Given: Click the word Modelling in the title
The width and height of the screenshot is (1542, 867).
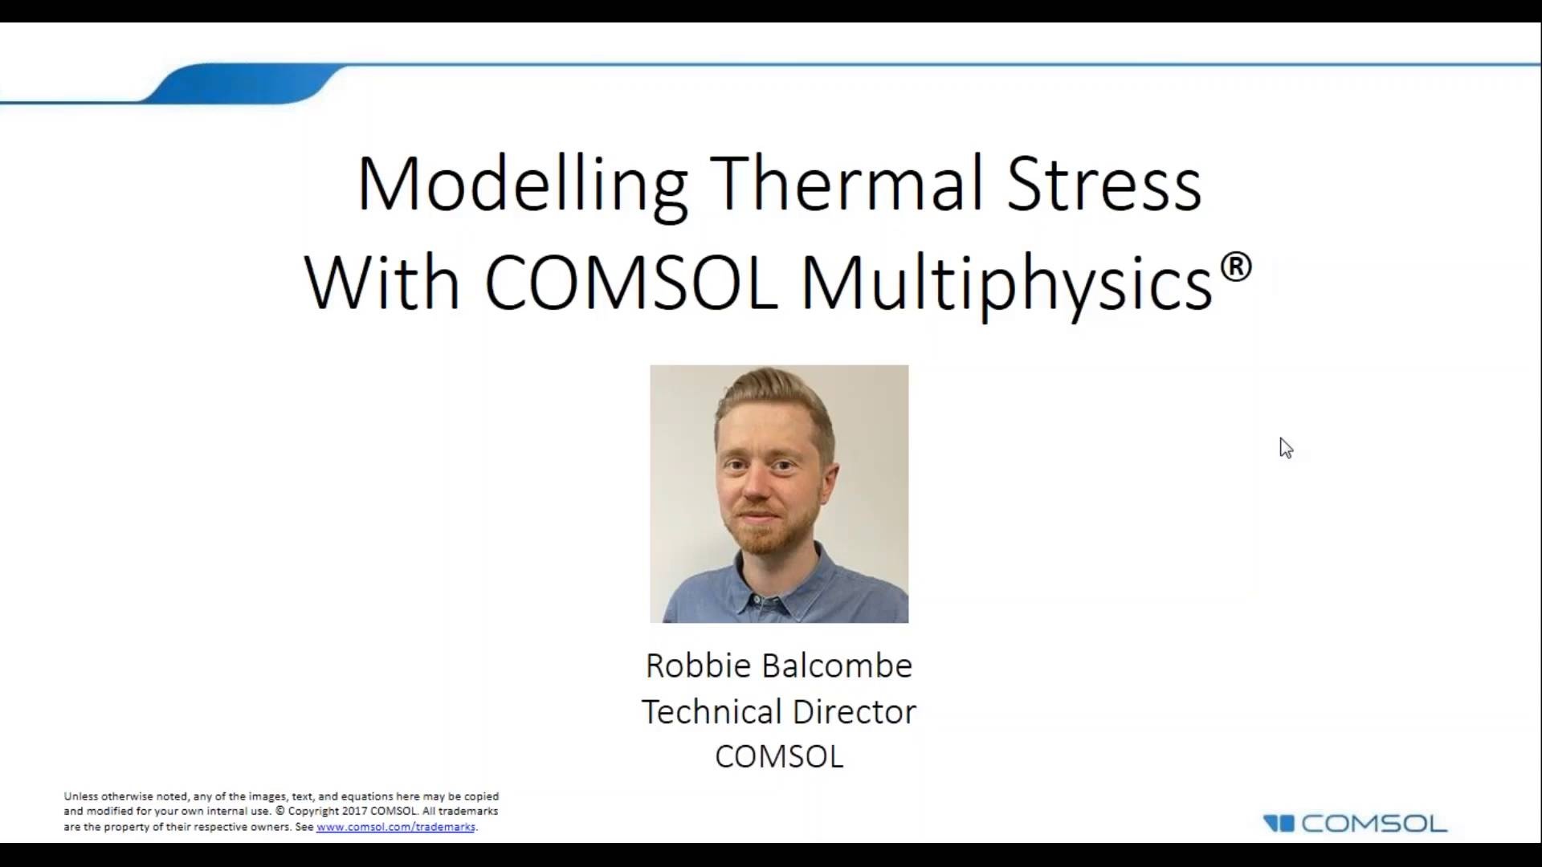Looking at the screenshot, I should tap(522, 185).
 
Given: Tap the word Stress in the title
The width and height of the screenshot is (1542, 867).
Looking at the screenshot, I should tap(1103, 185).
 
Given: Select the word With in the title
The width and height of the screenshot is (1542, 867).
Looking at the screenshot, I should tap(382, 283).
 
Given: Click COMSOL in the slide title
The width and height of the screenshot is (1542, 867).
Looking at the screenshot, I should tap(631, 283).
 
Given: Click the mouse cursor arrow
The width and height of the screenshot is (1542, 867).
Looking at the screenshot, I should tap(1285, 447).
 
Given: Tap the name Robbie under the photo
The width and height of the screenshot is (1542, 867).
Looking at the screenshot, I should tap(698, 666).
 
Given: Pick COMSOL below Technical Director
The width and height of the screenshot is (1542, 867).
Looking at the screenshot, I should tap(778, 756).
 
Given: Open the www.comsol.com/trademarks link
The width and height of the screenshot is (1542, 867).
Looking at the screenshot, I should tap(395, 827).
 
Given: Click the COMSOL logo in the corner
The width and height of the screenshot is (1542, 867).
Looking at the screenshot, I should tap(1355, 824).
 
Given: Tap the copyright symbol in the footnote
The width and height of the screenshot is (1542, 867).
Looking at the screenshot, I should tap(279, 811).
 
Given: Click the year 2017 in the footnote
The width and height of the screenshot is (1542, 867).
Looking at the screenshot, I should tap(354, 811).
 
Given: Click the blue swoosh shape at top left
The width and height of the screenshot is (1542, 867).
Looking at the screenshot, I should tap(245, 83).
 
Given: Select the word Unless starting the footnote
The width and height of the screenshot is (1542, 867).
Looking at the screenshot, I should tap(81, 796).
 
